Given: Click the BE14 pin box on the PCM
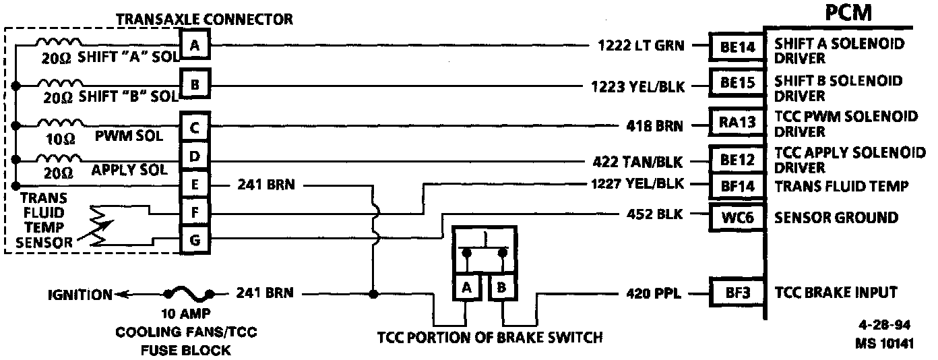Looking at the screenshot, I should pyautogui.click(x=737, y=47).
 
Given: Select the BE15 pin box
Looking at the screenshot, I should pyautogui.click(x=737, y=84).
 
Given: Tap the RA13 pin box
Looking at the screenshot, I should pyautogui.click(x=737, y=121).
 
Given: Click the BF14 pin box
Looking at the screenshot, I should pyautogui.click(x=737, y=185).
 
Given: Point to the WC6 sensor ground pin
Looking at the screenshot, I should pyautogui.click(x=737, y=218).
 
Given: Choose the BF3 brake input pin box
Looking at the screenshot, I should pyautogui.click(x=737, y=293).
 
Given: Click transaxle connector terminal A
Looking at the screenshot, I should pyautogui.click(x=195, y=46).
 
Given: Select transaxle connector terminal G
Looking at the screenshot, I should pyautogui.click(x=195, y=240).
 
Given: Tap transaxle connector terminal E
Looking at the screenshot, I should pyautogui.click(x=195, y=184).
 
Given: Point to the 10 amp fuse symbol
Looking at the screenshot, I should pyautogui.click(x=187, y=294).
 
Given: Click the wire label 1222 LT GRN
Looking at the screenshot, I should pyautogui.click(x=641, y=47).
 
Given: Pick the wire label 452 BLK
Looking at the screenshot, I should pyautogui.click(x=654, y=215).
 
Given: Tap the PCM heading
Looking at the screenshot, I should pyautogui.click(x=847, y=13).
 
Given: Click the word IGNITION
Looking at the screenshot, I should pyautogui.click(x=80, y=295).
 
